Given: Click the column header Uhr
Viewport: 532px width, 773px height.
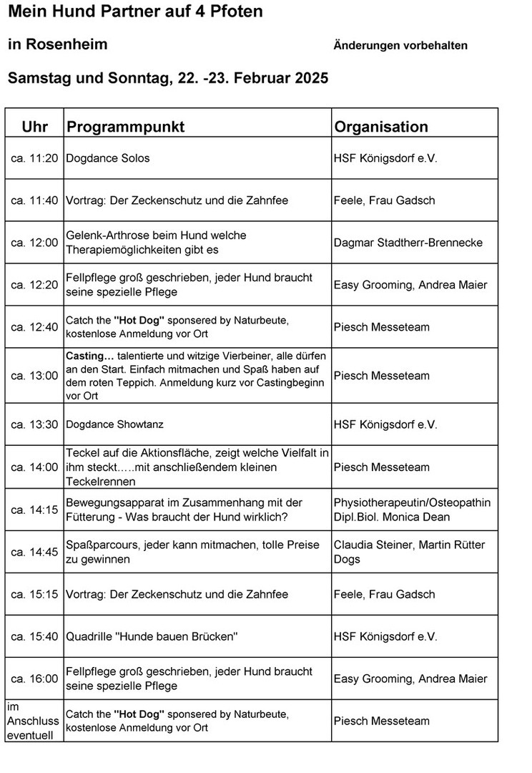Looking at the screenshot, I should [x=35, y=127].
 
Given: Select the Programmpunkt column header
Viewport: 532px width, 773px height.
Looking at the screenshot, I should [x=125, y=127].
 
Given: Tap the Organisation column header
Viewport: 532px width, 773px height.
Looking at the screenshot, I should [x=381, y=127].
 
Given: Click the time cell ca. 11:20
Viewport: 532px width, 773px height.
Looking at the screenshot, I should [x=34, y=158].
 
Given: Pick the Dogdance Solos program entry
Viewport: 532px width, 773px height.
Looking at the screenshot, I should [x=108, y=158].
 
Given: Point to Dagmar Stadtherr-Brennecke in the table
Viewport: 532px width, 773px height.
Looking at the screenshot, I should [x=408, y=243].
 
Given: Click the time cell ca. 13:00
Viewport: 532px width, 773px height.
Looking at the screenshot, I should [x=34, y=376].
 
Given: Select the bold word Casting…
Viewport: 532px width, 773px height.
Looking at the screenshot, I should [x=90, y=356].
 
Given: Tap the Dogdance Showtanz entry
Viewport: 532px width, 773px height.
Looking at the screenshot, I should [x=114, y=424].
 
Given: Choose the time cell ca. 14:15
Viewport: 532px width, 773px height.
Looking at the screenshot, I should [x=34, y=510].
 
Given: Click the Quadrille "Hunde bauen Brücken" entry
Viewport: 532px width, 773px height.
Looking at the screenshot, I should [x=152, y=636].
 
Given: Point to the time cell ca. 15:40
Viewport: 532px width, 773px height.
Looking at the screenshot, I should [x=34, y=636].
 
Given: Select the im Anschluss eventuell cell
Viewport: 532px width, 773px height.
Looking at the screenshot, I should [x=33, y=721].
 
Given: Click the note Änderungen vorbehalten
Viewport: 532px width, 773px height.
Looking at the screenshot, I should [x=400, y=46].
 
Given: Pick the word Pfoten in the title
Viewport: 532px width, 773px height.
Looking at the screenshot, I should [x=232, y=11].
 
